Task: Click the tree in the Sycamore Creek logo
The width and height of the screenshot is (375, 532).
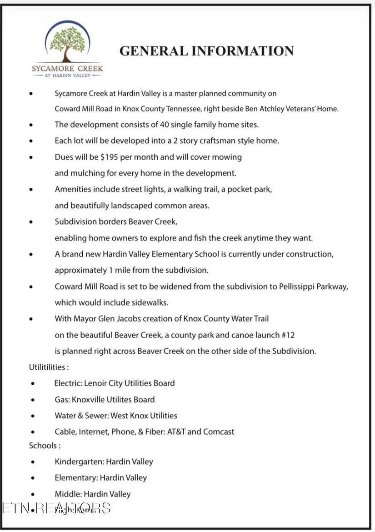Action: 67,43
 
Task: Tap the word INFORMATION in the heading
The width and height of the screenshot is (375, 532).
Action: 242,51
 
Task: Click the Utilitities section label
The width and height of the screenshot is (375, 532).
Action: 49,367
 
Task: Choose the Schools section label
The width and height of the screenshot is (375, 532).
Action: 45,446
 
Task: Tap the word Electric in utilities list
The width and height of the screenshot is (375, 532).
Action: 68,383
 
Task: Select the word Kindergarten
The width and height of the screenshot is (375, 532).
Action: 79,462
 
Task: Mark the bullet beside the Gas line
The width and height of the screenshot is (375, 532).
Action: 33,400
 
